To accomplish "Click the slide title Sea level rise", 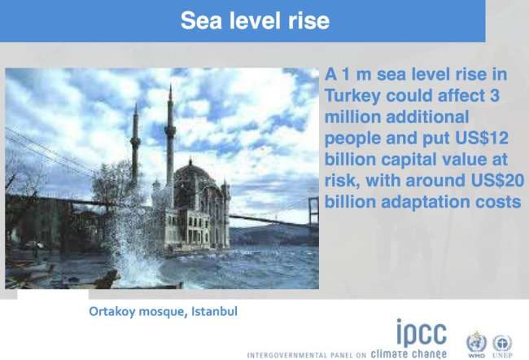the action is [255, 20].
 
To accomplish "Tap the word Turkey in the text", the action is [352, 96].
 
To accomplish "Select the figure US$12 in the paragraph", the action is [482, 138].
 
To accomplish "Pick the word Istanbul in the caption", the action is [214, 311].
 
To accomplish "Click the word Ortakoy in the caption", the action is [112, 311].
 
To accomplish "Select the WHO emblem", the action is [476, 345].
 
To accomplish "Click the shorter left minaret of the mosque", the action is [135, 145].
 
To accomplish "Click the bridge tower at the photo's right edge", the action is [313, 212].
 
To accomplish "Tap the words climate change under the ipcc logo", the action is [409, 354].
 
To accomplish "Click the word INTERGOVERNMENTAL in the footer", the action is [287, 355].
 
